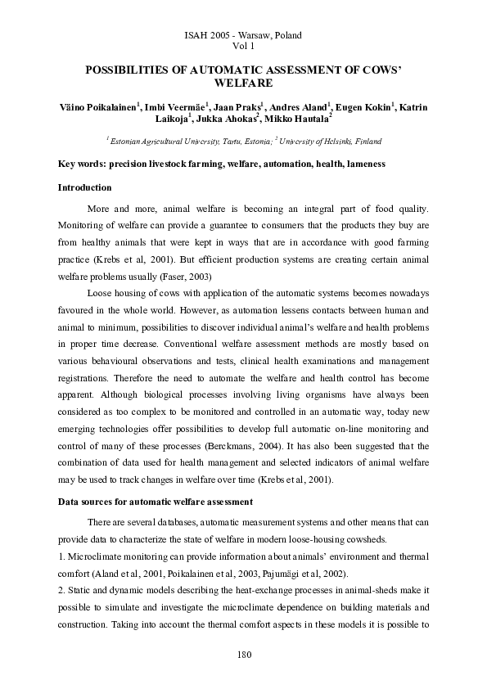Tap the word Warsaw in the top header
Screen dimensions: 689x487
click(256, 35)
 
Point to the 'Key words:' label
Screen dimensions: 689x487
click(82, 164)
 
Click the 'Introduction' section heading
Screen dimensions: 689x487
click(84, 188)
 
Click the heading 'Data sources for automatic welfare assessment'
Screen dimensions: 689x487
click(155, 501)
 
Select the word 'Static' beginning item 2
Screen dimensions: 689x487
click(80, 591)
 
